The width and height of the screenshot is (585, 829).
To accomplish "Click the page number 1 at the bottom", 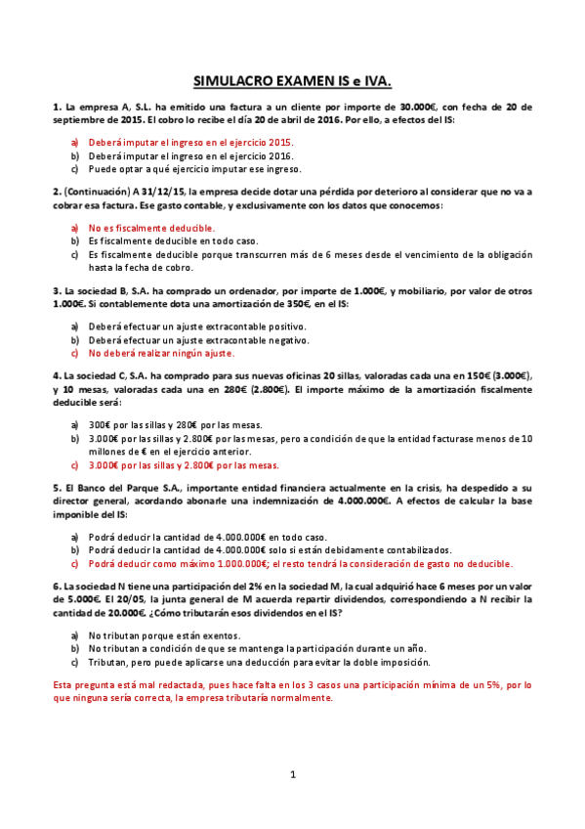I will [292, 775].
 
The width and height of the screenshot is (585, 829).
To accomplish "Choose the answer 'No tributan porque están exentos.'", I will [164, 634].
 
